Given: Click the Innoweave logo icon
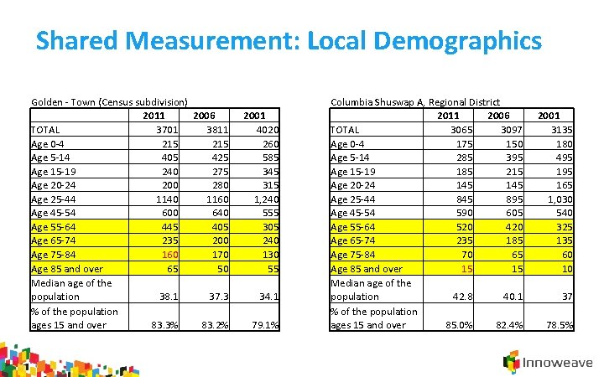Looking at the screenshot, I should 511,362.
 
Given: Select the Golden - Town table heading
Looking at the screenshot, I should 109,101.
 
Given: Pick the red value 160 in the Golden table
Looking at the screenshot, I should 171,255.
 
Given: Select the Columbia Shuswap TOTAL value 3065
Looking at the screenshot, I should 465,129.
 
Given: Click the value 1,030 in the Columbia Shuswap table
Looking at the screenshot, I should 557,199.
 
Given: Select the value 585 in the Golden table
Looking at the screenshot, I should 268,158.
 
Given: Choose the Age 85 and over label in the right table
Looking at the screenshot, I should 367,269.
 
